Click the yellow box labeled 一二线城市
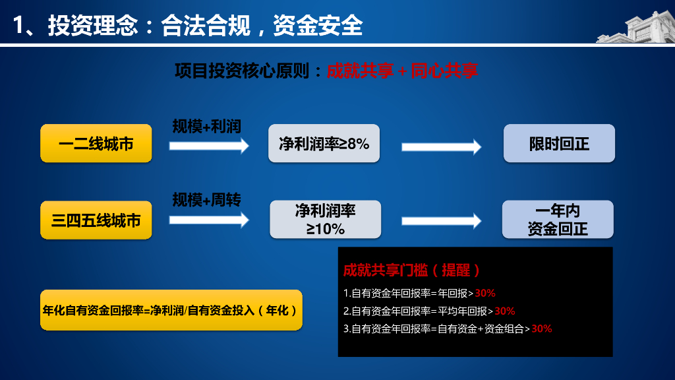(x=96, y=143)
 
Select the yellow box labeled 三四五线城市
(x=96, y=220)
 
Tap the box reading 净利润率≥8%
(x=324, y=143)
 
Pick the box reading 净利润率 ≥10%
(x=326, y=220)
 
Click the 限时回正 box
(x=559, y=143)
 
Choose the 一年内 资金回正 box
(x=558, y=220)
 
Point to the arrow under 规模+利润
(x=209, y=145)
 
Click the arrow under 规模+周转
(x=209, y=220)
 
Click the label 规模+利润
(x=206, y=126)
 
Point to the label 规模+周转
(x=206, y=200)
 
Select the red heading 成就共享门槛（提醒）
(x=411, y=270)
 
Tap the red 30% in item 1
(x=485, y=293)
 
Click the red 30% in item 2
(x=505, y=311)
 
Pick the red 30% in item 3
(x=541, y=329)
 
